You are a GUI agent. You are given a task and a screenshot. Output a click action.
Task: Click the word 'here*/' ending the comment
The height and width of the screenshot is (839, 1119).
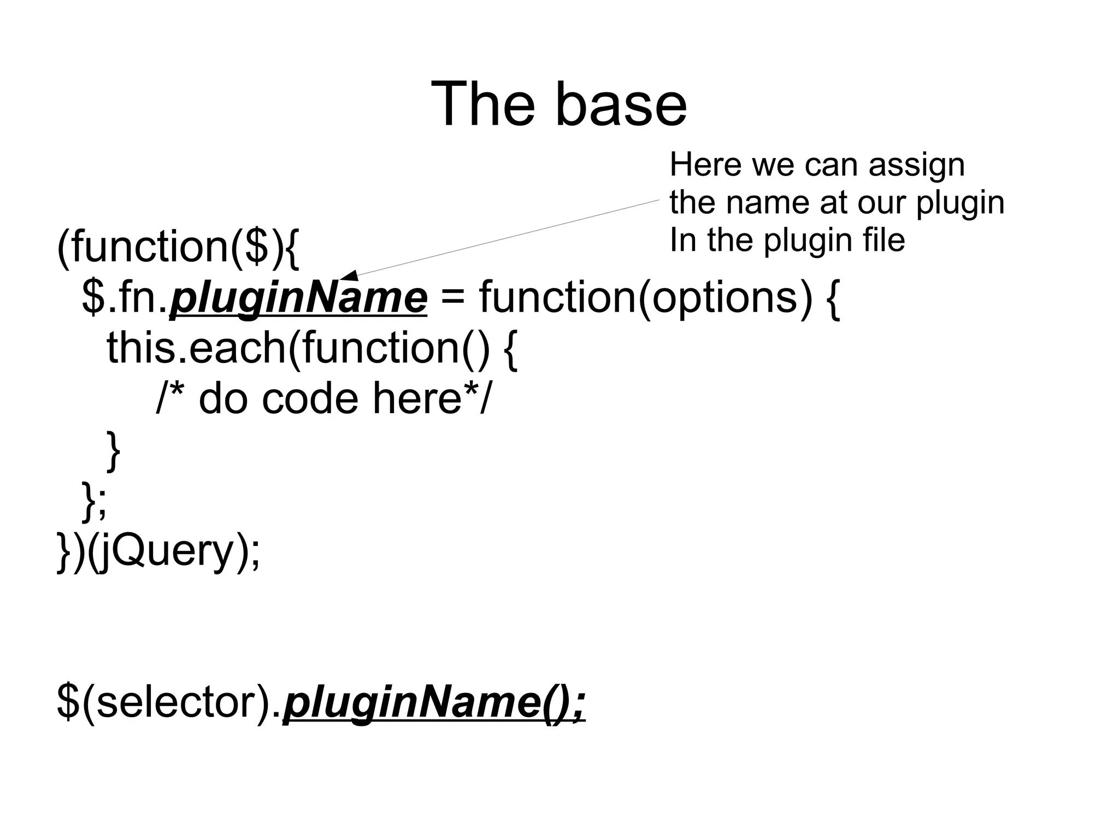432,398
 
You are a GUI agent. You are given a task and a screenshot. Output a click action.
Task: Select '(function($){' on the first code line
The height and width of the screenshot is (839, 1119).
178,248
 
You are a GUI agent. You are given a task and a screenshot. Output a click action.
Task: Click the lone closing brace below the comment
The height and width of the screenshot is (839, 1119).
113,449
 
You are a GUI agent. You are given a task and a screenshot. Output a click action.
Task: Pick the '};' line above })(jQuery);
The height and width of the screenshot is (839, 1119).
94,500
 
